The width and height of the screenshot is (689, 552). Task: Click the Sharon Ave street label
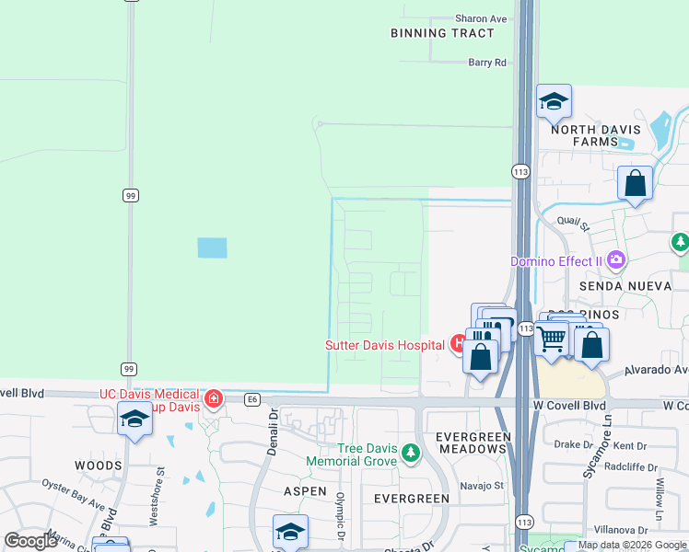pyautogui.click(x=481, y=18)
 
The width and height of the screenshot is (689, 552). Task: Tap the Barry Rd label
pyautogui.click(x=487, y=63)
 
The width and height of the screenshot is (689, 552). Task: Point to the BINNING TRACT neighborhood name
pyautogui.click(x=442, y=33)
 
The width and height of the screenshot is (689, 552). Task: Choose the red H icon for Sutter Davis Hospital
pyautogui.click(x=458, y=345)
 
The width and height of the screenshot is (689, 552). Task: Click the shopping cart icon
pyautogui.click(x=551, y=339)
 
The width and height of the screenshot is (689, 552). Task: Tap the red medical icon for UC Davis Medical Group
pyautogui.click(x=214, y=398)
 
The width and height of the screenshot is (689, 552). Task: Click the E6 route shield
pyautogui.click(x=252, y=399)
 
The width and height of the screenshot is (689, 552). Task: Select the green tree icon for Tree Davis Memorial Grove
pyautogui.click(x=411, y=453)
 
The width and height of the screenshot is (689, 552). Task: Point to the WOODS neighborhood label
pyautogui.click(x=98, y=466)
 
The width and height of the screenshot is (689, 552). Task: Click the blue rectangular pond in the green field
pyautogui.click(x=211, y=247)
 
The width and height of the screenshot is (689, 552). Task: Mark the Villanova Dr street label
pyautogui.click(x=621, y=530)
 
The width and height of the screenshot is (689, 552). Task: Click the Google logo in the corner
pyautogui.click(x=31, y=541)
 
